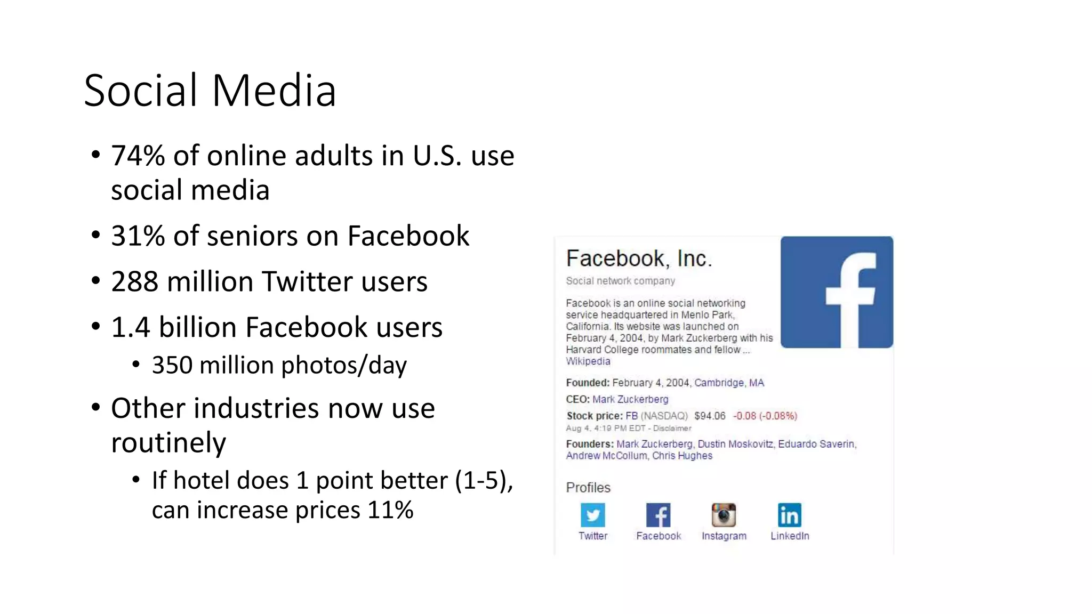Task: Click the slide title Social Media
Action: [x=210, y=91]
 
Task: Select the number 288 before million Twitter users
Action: [x=134, y=282]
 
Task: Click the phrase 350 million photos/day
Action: [x=279, y=366]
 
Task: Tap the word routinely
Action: [x=168, y=443]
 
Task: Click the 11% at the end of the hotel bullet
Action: [x=390, y=510]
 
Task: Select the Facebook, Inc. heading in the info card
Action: [x=639, y=258]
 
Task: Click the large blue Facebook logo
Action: [x=837, y=292]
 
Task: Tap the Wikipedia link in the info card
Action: [x=588, y=361]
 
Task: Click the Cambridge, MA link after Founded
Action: [x=729, y=383]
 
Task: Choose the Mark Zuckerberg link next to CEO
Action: [x=630, y=399]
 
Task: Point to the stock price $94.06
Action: [x=710, y=416]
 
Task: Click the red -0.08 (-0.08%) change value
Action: [x=765, y=416]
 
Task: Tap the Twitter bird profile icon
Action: [x=593, y=515]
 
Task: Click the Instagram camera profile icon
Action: [x=724, y=515]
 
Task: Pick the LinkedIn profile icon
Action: [x=789, y=515]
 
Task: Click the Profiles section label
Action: [x=588, y=488]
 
